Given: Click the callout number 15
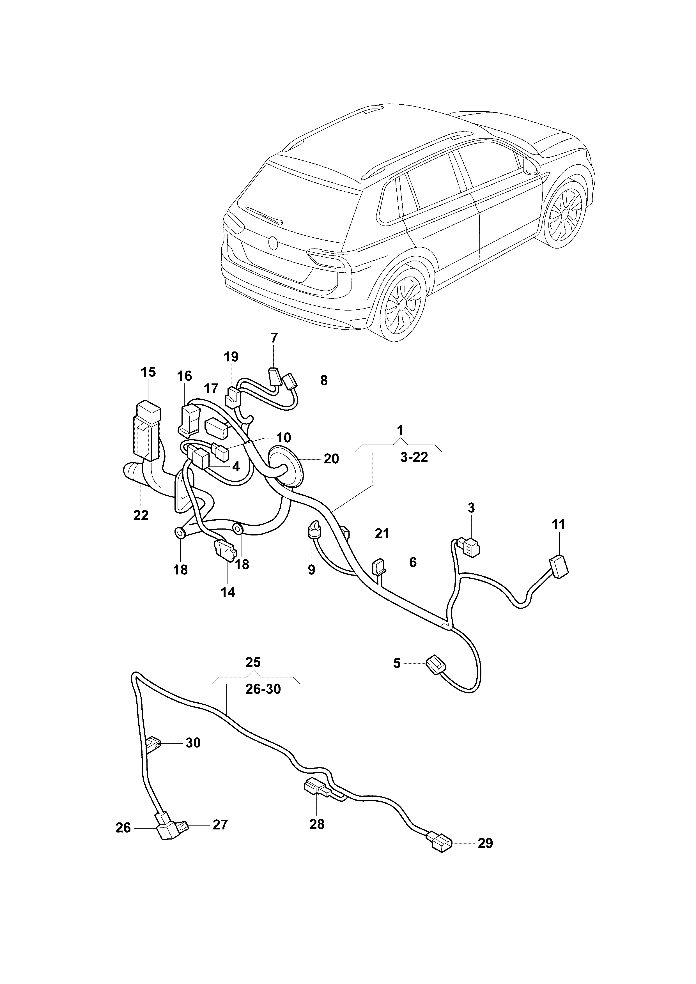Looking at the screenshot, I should click(x=148, y=372).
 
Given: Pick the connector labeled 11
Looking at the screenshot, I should click(x=559, y=567).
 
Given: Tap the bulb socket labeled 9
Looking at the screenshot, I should click(x=314, y=532).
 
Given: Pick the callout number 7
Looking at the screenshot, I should click(x=274, y=338).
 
